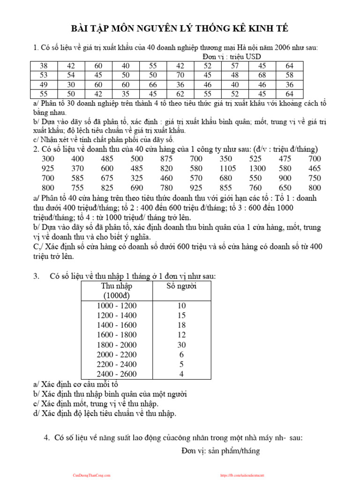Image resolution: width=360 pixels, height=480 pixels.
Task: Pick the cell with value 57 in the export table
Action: pyautogui.click(x=235, y=66)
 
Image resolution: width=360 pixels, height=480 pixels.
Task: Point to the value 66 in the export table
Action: pyautogui.click(x=153, y=85)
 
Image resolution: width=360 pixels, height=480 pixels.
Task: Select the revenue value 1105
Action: pyautogui.click(x=229, y=168)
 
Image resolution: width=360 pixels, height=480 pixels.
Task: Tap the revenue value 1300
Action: pyautogui.click(x=257, y=168)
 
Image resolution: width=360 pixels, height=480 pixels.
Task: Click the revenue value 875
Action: pyautogui.click(x=166, y=159)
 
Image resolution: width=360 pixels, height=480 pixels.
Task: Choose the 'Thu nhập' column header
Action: pyautogui.click(x=117, y=286)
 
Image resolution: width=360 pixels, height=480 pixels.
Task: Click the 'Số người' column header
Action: pyautogui.click(x=181, y=286)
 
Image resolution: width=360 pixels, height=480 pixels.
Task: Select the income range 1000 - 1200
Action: pyautogui.click(x=117, y=305)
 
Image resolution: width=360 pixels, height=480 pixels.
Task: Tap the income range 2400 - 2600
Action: pyautogui.click(x=117, y=374)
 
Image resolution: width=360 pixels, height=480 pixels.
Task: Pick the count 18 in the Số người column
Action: pyautogui.click(x=181, y=325)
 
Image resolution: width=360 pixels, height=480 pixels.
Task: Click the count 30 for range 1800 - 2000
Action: pyautogui.click(x=181, y=345)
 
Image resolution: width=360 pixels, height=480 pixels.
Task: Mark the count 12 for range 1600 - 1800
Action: pyautogui.click(x=181, y=335)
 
